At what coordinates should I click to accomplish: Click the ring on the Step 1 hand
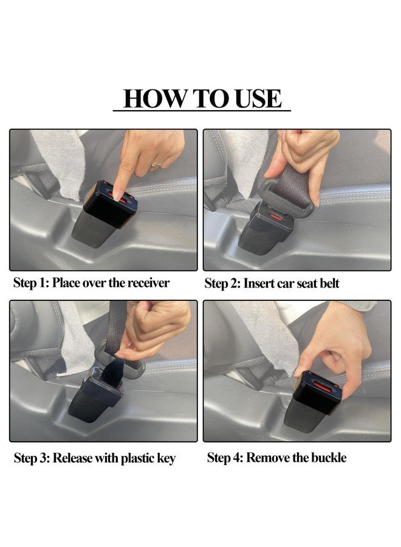click(x=157, y=164)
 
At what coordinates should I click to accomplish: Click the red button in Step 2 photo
click(x=276, y=218)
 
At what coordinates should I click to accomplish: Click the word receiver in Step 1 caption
click(x=148, y=283)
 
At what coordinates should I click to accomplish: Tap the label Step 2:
click(x=222, y=283)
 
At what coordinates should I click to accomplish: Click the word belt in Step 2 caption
click(x=329, y=283)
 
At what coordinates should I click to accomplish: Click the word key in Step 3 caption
click(x=166, y=459)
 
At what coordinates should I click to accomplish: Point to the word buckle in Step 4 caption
click(x=329, y=457)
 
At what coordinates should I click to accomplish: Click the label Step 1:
click(x=31, y=283)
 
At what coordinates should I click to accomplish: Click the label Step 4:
click(x=225, y=457)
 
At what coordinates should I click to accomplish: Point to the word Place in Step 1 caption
click(x=66, y=283)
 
